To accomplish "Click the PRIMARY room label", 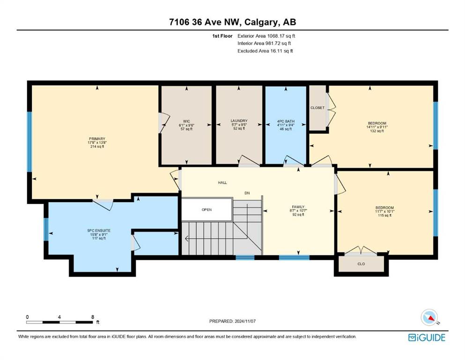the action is click(97, 139).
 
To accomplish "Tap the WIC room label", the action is click(186, 121).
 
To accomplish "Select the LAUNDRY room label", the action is click(239, 121).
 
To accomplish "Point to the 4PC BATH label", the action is click(286, 121).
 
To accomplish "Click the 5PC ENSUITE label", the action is click(99, 230).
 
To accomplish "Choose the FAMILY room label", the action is click(298, 207).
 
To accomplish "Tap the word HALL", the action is click(222, 182).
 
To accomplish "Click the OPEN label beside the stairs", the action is click(207, 210).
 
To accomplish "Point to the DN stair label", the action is click(247, 193).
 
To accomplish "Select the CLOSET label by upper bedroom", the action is click(317, 108).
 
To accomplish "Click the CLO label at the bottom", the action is click(361, 264).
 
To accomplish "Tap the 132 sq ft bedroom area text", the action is click(377, 131).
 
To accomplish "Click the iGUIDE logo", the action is click(427, 337).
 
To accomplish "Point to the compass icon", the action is click(429, 317).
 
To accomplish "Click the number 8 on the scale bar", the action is click(93, 317).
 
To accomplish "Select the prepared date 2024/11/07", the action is click(244, 321).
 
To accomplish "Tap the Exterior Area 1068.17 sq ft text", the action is click(266, 36).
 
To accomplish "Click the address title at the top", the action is click(232, 22).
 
